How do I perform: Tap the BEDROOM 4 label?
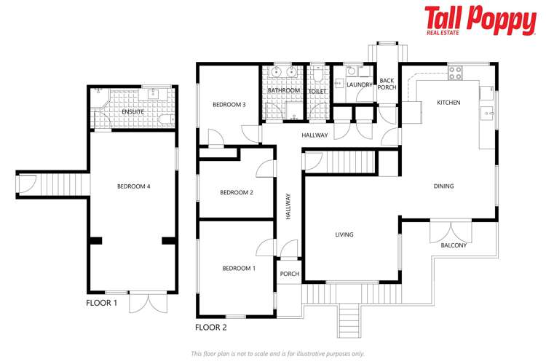point(133,186)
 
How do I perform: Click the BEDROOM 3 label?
point(229,105)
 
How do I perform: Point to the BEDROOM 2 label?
point(237,192)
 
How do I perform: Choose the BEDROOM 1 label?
point(239,269)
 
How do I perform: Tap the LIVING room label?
point(344,234)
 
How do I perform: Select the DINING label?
point(443,186)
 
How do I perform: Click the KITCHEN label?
point(448,103)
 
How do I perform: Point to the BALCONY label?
point(454,245)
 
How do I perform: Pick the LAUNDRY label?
point(360,85)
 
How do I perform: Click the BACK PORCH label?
point(387,84)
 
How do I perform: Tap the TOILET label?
point(317,92)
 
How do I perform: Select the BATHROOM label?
point(283,90)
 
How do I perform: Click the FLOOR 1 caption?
point(101,301)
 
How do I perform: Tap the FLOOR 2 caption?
point(212,328)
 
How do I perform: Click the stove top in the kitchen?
point(455,73)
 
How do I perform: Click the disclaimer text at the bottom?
point(277,353)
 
